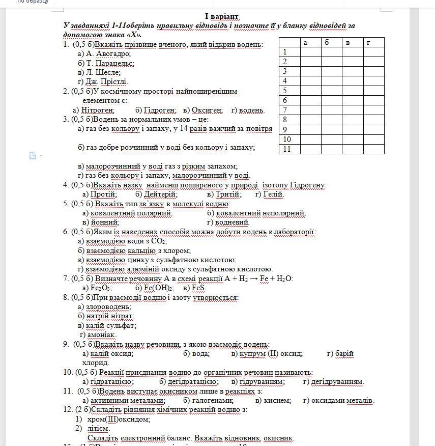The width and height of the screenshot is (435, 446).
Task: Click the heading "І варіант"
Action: (222, 17)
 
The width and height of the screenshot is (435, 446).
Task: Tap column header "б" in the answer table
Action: (327, 42)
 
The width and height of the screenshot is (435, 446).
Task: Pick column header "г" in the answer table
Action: (368, 42)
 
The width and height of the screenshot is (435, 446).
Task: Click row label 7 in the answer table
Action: (285, 110)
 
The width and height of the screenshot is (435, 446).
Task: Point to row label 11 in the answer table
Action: (287, 149)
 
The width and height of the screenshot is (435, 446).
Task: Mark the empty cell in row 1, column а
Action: (310, 52)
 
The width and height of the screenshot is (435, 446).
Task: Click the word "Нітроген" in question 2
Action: (98, 110)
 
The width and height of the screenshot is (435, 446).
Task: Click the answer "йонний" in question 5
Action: (104, 222)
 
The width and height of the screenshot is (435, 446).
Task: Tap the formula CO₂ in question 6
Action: (159, 241)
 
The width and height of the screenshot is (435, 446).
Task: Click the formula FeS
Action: (198, 288)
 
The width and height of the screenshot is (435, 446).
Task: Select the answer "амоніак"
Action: (101, 334)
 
